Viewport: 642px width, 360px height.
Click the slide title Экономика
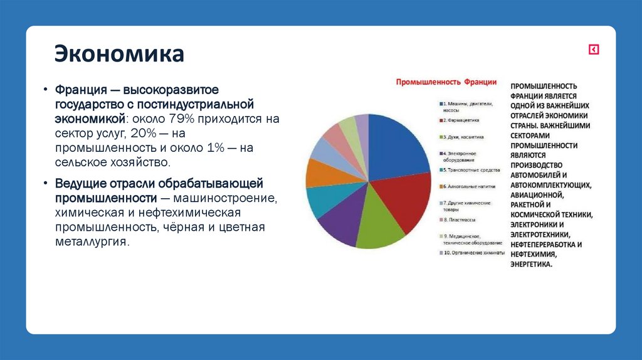point(118,54)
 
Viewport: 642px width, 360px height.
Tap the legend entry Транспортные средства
point(471,169)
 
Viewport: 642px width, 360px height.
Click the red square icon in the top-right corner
point(593,50)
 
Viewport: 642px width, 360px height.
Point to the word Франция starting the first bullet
point(78,90)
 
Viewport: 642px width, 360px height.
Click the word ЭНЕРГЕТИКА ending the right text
point(531,265)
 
